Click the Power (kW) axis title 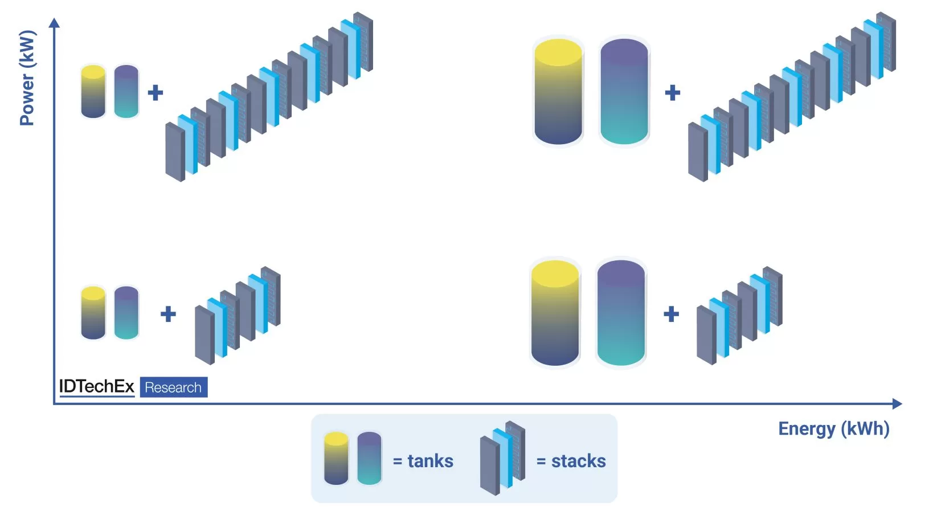click(x=27, y=77)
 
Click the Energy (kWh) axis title click(x=833, y=428)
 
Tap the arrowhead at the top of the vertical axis click(x=54, y=23)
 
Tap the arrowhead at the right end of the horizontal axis click(x=897, y=404)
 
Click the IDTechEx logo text click(x=96, y=387)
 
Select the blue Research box click(x=173, y=387)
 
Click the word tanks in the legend click(x=430, y=461)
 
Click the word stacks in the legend click(x=578, y=461)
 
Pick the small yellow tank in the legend click(x=336, y=459)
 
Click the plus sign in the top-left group click(x=155, y=92)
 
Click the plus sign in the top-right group click(x=673, y=92)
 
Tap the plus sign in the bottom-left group click(x=168, y=314)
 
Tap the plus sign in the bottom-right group click(x=672, y=314)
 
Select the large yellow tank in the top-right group click(x=558, y=91)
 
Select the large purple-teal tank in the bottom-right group click(x=621, y=313)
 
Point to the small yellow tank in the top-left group click(x=93, y=92)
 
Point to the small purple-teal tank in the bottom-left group click(x=126, y=313)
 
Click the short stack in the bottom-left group click(x=238, y=316)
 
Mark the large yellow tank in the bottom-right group click(x=555, y=313)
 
